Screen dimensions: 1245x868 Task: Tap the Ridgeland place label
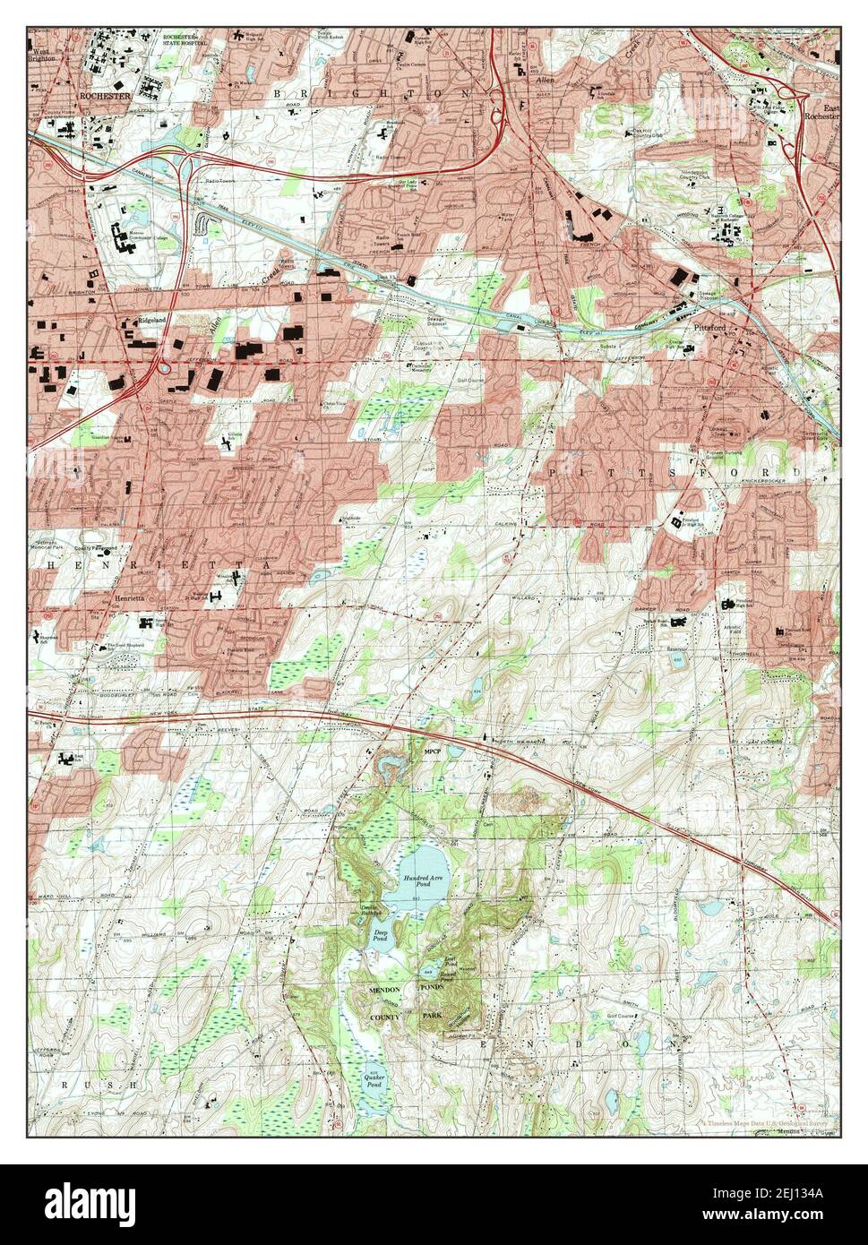(153, 318)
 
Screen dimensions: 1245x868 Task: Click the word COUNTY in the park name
(389, 1018)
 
